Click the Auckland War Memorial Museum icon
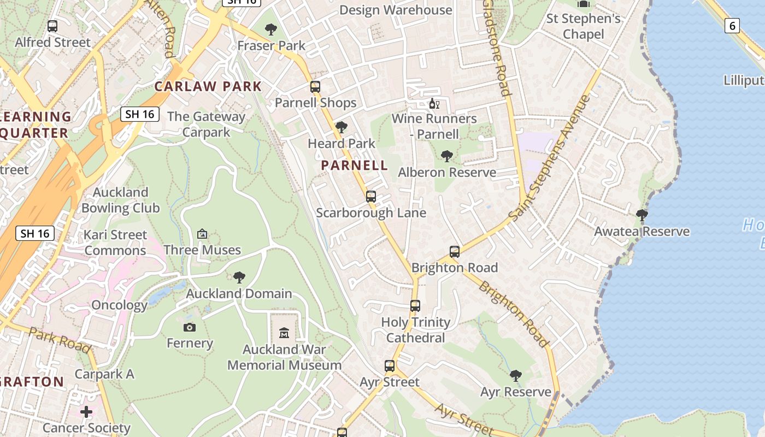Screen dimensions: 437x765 (284, 333)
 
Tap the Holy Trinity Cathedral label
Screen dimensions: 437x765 (415, 330)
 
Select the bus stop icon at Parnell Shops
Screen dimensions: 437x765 (315, 86)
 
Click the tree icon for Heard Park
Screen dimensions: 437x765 (342, 127)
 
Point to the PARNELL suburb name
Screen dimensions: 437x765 (355, 165)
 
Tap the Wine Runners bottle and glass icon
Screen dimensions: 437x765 (434, 103)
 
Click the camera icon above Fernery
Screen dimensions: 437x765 (190, 327)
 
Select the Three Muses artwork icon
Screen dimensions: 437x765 (202, 234)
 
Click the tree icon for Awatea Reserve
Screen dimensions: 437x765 (642, 215)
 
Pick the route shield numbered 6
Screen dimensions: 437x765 (732, 25)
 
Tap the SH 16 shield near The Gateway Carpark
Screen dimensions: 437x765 (140, 114)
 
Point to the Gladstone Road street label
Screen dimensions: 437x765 (497, 48)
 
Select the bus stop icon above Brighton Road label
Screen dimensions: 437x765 (455, 252)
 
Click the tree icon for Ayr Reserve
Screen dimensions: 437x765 (515, 376)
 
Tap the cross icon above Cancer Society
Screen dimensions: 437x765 (86, 411)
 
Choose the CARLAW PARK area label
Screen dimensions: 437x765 (208, 86)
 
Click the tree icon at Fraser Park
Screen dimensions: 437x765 (271, 29)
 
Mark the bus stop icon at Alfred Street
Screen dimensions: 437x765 (52, 26)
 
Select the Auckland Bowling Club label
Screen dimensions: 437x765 (121, 200)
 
